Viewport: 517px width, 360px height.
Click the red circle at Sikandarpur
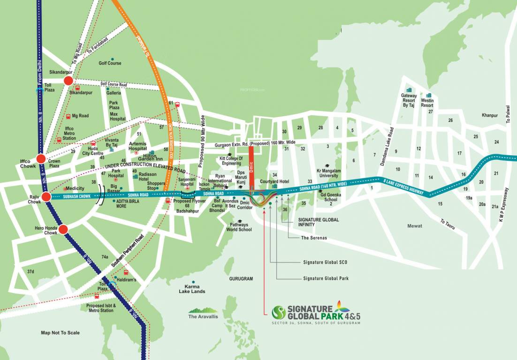[x=68, y=81]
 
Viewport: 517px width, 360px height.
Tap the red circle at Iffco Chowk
[x=41, y=159]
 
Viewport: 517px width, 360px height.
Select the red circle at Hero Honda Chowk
[x=63, y=229]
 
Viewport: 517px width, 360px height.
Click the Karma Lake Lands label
[x=192, y=289]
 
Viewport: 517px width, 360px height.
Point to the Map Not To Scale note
[x=60, y=333]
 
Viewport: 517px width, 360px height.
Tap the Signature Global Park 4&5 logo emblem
[x=279, y=312]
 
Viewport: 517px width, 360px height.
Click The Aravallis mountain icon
[x=203, y=310]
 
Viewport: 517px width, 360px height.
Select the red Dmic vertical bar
[x=251, y=167]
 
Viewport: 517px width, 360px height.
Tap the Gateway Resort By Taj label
[x=409, y=101]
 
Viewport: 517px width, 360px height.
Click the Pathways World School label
[x=239, y=227]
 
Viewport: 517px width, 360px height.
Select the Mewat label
[x=414, y=226]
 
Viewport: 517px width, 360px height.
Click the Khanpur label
[x=490, y=115]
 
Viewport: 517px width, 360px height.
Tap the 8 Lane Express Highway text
[x=404, y=187]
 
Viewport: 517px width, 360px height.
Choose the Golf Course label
[x=110, y=63]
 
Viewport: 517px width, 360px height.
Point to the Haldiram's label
[x=127, y=280]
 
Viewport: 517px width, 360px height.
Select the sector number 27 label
[x=430, y=112]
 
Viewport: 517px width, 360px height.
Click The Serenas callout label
[x=314, y=238]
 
